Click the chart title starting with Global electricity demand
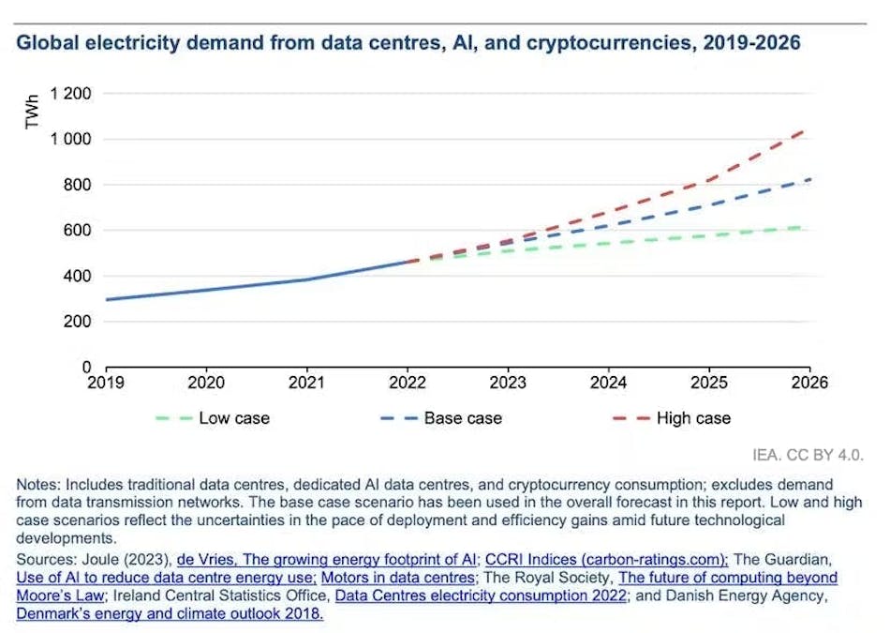(408, 43)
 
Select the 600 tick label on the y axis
(78, 231)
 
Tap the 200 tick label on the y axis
(78, 322)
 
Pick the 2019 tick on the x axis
(106, 383)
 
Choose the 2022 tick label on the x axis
(408, 383)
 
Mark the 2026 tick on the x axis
(809, 383)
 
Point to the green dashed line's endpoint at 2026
(808, 226)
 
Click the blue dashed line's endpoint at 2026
(808, 179)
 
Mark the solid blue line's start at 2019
(106, 299)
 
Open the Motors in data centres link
(398, 578)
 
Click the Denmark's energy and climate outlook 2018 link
(170, 613)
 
